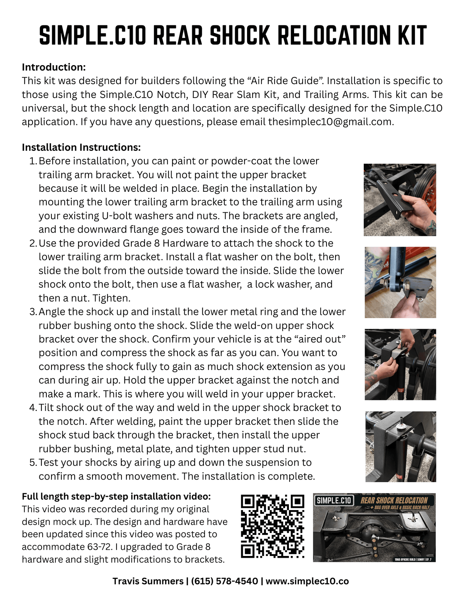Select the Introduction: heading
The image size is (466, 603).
[x=54, y=67]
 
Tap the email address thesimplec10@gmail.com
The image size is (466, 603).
[x=331, y=122]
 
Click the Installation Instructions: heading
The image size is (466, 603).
[x=81, y=147]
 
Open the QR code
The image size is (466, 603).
[x=273, y=526]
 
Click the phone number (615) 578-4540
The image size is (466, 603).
[x=224, y=581]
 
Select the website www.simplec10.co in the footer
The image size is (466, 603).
[x=307, y=581]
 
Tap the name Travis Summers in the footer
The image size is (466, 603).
[x=148, y=581]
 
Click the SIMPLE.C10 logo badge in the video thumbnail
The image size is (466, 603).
[x=333, y=501]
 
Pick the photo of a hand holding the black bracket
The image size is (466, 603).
[x=400, y=200]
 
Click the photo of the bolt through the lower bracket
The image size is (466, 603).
[x=400, y=282]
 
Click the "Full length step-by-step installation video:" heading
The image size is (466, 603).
[x=116, y=496]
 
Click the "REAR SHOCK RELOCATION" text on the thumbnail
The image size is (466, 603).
[x=394, y=500]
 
